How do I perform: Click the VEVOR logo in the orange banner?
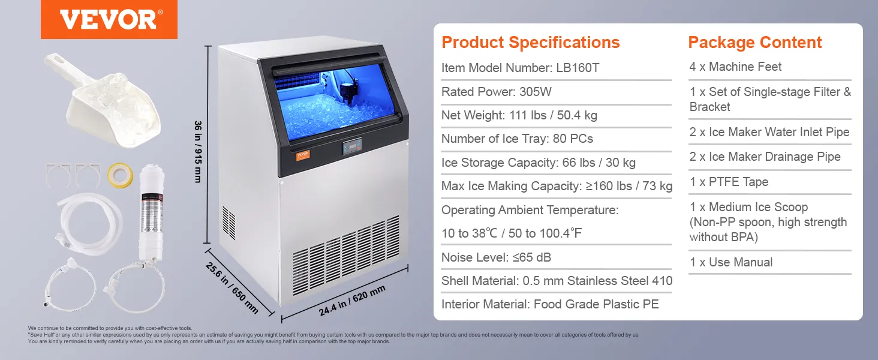(109, 19)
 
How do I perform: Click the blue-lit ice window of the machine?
(330, 102)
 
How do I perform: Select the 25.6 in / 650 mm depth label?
(232, 287)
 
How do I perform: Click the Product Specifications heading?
(530, 43)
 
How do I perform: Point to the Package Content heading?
(754, 43)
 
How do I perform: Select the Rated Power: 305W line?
(496, 92)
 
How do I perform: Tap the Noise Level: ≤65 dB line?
(496, 257)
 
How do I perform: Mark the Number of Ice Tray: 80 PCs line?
(517, 139)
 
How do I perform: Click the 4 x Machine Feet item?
(735, 67)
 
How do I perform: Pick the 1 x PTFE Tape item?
(729, 182)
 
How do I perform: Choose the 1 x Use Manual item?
(730, 262)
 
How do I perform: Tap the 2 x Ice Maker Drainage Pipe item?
(765, 157)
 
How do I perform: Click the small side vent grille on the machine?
(228, 223)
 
